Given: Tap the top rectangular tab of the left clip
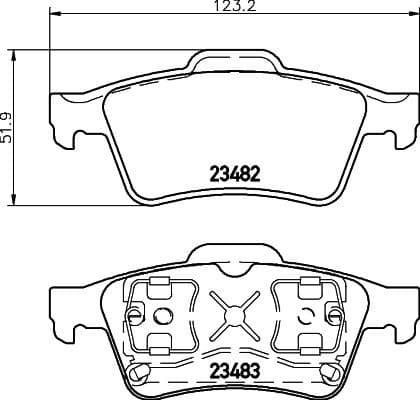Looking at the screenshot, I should [156, 285].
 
